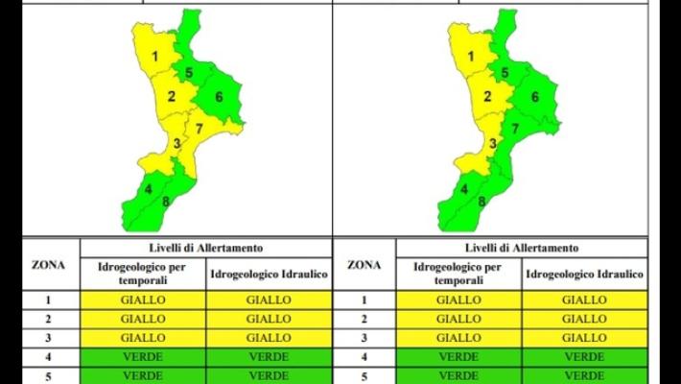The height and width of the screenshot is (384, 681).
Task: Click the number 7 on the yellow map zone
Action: pyautogui.click(x=200, y=128)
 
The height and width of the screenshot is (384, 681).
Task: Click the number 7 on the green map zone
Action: pyautogui.click(x=515, y=128)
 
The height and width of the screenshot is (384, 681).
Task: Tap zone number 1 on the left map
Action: pyautogui.click(x=155, y=56)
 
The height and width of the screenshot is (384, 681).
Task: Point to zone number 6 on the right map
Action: pyautogui.click(x=535, y=96)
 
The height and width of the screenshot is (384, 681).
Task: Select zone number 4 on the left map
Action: pyautogui.click(x=148, y=189)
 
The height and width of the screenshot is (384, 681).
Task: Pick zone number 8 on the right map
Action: pyautogui.click(x=481, y=202)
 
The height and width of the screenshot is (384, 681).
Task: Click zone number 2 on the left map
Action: pyautogui.click(x=172, y=96)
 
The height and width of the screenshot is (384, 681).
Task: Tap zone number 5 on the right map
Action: pyautogui.click(x=505, y=72)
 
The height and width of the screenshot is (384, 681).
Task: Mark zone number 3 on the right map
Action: pyautogui.click(x=492, y=144)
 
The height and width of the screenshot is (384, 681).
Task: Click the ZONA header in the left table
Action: pyautogui.click(x=49, y=264)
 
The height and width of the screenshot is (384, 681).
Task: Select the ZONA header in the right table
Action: pyautogui.click(x=364, y=264)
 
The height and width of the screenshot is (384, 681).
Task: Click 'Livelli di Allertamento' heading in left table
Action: pyautogui.click(x=206, y=248)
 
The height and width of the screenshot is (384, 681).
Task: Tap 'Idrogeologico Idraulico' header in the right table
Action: pyautogui.click(x=584, y=275)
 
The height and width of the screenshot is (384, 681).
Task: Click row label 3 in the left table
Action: pyautogui.click(x=49, y=338)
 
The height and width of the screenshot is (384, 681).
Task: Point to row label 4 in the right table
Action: pyautogui.click(x=364, y=356)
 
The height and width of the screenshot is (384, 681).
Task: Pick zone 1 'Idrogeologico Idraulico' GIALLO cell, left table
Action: pyautogui.click(x=269, y=300)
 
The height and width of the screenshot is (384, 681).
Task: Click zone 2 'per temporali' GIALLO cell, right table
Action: pyautogui.click(x=458, y=319)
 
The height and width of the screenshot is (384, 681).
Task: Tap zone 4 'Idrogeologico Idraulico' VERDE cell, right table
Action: pyautogui.click(x=584, y=356)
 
